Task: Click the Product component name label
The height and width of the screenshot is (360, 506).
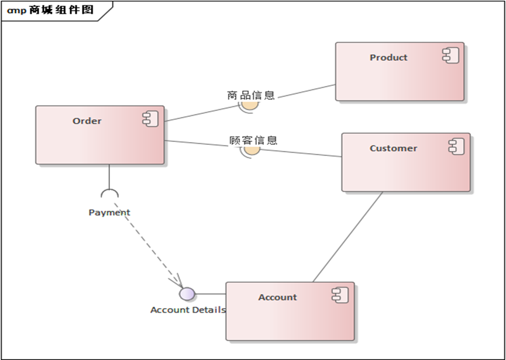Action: tap(388, 57)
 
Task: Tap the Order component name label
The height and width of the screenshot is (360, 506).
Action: tap(87, 121)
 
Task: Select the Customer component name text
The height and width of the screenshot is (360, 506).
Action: tap(393, 148)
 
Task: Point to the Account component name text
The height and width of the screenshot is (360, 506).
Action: tap(277, 297)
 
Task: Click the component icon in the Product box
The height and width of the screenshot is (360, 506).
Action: tap(450, 56)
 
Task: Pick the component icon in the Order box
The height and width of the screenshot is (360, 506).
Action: tap(150, 119)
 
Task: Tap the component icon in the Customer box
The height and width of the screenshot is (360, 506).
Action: tap(456, 146)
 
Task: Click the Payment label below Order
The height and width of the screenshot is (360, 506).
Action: tap(109, 213)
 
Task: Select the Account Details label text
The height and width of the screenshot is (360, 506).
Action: tap(188, 310)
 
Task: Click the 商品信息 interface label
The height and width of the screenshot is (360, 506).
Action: tap(251, 95)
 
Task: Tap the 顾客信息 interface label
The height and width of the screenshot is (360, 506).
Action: tap(253, 140)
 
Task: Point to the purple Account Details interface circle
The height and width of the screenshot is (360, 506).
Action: tap(187, 294)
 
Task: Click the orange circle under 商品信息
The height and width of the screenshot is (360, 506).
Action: tap(250, 105)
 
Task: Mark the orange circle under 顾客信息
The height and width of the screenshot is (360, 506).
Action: tap(252, 150)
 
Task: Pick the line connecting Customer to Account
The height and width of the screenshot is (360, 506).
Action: tap(348, 237)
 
